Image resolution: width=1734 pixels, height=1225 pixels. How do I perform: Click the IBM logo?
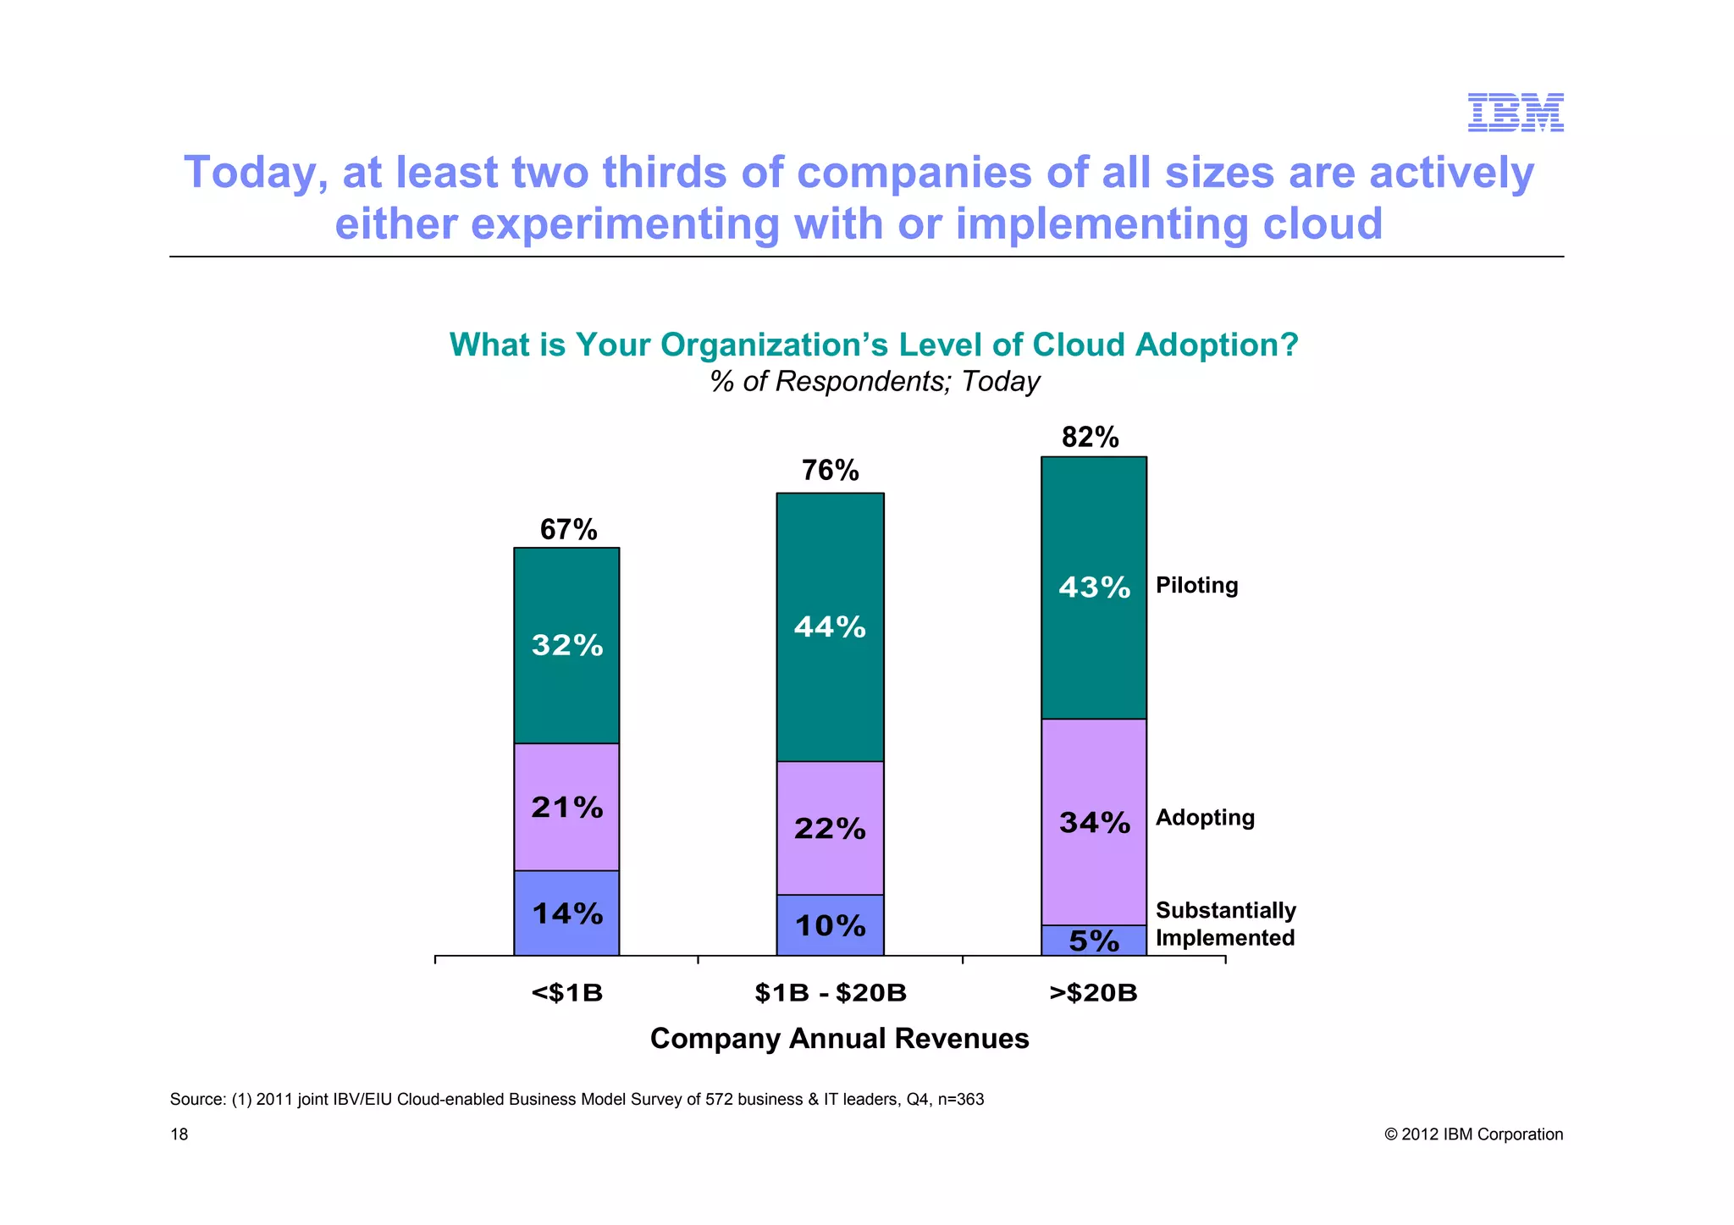point(1515,113)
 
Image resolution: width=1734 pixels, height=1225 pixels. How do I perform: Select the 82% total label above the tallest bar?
point(1090,438)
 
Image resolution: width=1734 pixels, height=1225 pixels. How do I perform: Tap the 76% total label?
point(830,471)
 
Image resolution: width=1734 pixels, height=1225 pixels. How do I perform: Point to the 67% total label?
point(568,530)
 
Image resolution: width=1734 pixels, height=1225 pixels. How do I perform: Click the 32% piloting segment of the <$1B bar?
point(566,646)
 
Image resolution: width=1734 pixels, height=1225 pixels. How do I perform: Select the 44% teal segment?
point(830,627)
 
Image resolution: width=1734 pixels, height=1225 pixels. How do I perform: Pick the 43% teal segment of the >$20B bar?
point(1093,588)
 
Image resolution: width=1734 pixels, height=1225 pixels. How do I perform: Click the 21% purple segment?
point(566,808)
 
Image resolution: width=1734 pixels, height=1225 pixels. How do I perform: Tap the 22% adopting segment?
point(830,829)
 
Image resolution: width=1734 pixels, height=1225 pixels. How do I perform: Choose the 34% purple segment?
point(1093,822)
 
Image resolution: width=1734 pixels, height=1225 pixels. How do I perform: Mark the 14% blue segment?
point(566,913)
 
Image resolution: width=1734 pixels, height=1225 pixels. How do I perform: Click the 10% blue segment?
point(830,926)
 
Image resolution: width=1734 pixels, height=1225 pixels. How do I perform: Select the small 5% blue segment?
point(1093,941)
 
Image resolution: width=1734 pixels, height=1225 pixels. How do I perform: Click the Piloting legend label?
point(1196,586)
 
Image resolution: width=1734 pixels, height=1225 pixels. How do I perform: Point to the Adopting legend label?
point(1205,818)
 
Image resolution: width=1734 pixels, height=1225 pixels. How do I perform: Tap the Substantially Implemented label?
point(1225,924)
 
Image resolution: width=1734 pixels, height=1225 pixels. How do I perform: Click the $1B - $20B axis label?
point(830,993)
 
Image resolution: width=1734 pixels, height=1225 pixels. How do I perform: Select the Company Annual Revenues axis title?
point(839,1039)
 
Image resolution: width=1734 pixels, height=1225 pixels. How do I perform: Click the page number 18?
point(179,1134)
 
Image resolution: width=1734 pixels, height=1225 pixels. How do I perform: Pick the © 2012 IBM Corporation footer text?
point(1473,1134)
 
